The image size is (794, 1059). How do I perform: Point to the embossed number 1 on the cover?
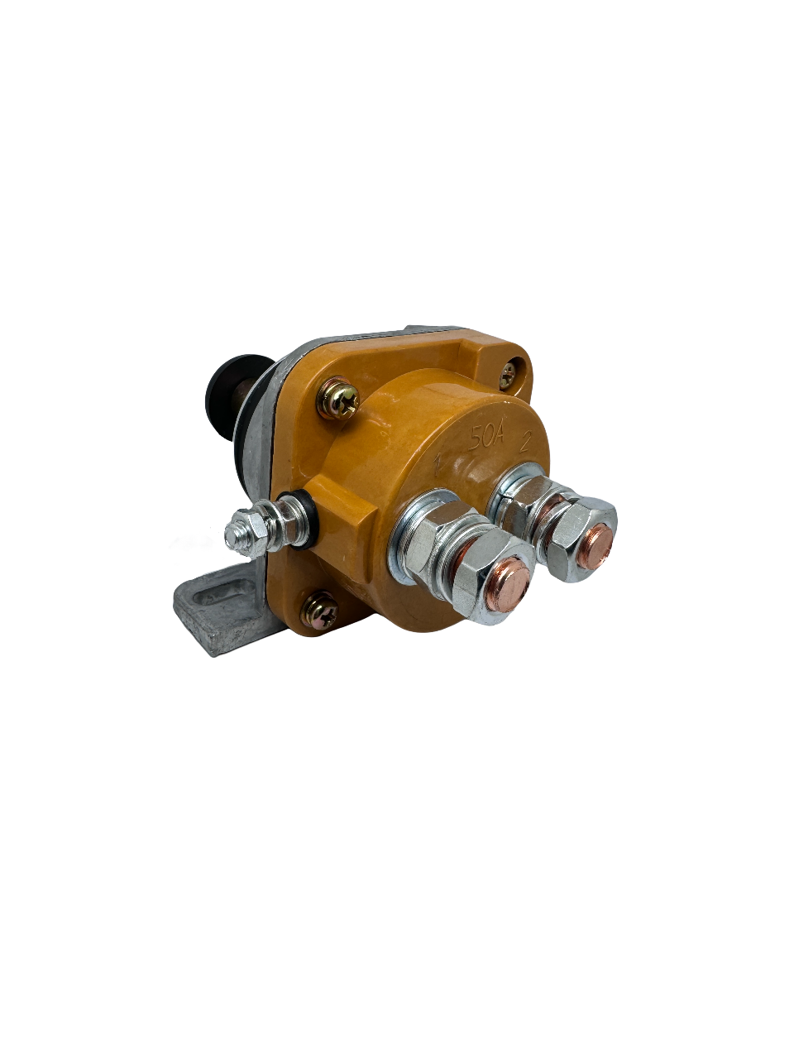tap(438, 467)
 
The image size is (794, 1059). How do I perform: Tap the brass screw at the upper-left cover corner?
tap(338, 399)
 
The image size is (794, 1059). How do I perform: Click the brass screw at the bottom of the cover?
tap(319, 611)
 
